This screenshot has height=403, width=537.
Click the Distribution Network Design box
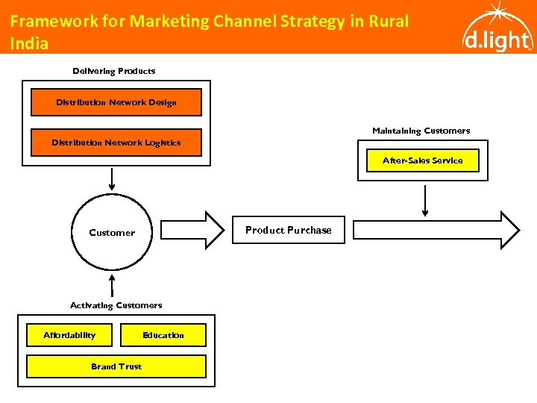[x=116, y=102]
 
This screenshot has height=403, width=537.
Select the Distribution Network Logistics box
[x=116, y=143]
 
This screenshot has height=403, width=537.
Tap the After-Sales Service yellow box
[x=422, y=160]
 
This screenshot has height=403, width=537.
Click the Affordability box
[x=70, y=335]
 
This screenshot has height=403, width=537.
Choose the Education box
[x=163, y=335]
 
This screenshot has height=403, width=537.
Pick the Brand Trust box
[x=116, y=366]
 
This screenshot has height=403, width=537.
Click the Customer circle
[x=112, y=232]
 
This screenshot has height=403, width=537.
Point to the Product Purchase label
[x=288, y=230]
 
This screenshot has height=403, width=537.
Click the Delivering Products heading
[x=113, y=71]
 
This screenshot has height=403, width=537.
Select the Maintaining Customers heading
[x=421, y=131]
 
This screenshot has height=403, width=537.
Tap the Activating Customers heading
[x=116, y=305]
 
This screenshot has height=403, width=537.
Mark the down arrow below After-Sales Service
[x=425, y=200]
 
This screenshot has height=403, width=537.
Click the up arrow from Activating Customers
[x=112, y=285]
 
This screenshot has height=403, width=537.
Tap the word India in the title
[x=29, y=43]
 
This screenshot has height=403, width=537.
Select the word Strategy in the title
[x=310, y=21]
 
